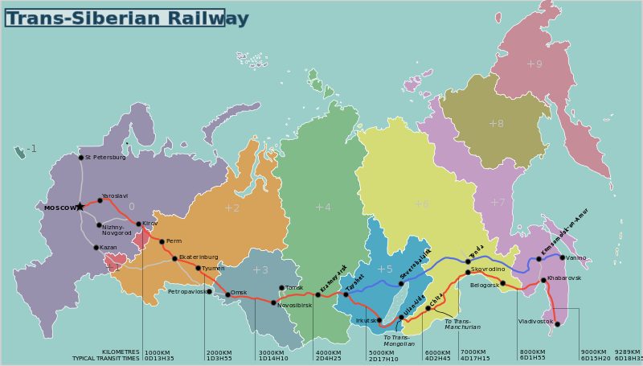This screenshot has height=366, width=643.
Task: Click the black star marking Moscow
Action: pyautogui.click(x=80, y=207)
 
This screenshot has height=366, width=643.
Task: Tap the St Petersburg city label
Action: pyautogui.click(x=106, y=158)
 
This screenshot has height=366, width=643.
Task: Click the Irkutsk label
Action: pyautogui.click(x=366, y=320)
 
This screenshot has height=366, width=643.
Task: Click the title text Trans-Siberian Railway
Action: pyautogui.click(x=127, y=18)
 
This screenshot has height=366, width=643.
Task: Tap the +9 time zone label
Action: pyautogui.click(x=534, y=63)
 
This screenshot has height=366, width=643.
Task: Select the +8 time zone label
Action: pyautogui.click(x=496, y=123)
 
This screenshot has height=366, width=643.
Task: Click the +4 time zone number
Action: pyautogui.click(x=322, y=207)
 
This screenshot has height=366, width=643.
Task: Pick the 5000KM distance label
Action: pyautogui.click(x=382, y=352)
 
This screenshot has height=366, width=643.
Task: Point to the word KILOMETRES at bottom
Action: pyautogui.click(x=121, y=352)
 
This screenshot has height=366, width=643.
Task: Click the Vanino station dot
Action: pyautogui.click(x=563, y=257)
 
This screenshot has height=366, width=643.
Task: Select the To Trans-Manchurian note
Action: pyautogui.click(x=462, y=324)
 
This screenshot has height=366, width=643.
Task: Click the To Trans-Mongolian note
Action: pyautogui.click(x=399, y=340)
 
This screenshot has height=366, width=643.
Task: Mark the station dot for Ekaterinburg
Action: pyautogui.click(x=174, y=258)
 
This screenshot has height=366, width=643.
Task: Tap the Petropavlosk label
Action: pyautogui.click(x=186, y=291)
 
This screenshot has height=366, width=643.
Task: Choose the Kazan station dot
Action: pyautogui.click(x=96, y=248)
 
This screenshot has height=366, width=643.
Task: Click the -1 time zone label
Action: pyautogui.click(x=31, y=149)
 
